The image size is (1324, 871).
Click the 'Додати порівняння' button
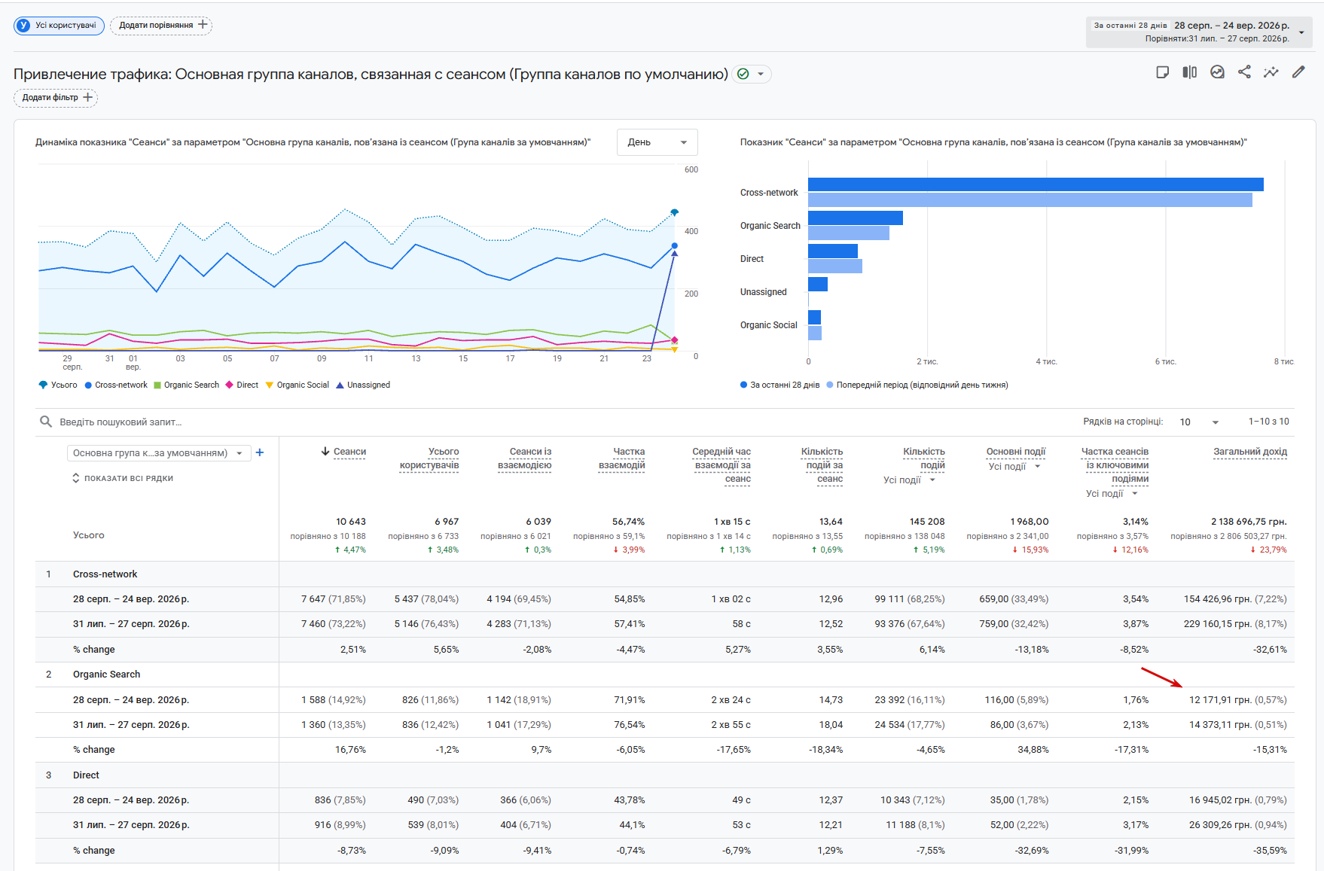161,26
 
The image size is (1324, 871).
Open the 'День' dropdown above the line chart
657,142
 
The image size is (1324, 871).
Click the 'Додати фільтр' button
56,98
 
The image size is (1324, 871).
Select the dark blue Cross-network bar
1036,184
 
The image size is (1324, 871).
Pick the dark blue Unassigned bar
818,284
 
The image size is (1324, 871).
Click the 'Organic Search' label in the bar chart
770,226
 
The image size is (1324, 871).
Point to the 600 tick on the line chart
691,170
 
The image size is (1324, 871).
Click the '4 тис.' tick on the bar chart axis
1046,362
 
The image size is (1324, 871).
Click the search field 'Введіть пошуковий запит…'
121,422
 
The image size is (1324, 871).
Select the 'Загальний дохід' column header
1249,452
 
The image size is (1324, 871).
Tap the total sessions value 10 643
350,522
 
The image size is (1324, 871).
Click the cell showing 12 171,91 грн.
1237,700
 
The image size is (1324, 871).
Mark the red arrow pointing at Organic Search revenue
1161,678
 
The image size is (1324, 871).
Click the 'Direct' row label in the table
86,775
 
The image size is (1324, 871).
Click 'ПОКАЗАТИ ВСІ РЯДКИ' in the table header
128,479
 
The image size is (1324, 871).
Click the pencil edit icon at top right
1298,72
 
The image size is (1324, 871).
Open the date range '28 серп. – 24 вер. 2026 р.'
1231,26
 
